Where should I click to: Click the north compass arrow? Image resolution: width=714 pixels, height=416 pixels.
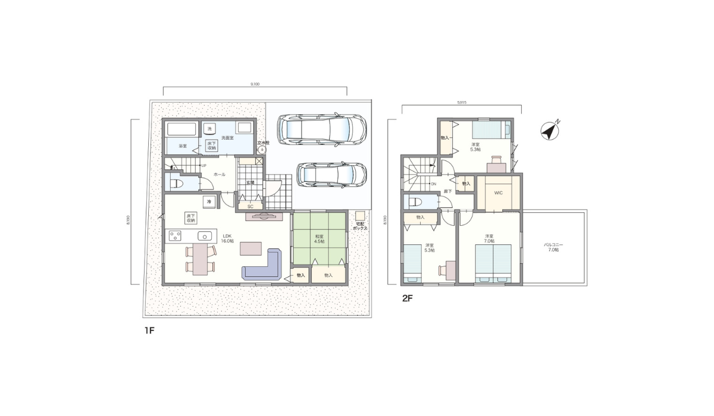[x=550, y=130]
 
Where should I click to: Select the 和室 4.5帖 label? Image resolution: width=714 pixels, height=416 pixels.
[x=319, y=239]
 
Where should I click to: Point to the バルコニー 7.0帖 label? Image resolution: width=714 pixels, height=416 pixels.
[x=553, y=247]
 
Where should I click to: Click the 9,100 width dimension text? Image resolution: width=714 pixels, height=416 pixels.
[x=255, y=84]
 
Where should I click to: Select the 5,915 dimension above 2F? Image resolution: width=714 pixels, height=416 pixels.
[x=461, y=102]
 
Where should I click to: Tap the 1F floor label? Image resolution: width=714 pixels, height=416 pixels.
[x=149, y=330]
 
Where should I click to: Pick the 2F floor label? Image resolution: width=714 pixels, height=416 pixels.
[x=408, y=299]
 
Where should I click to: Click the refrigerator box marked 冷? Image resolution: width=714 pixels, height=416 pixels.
[x=209, y=201]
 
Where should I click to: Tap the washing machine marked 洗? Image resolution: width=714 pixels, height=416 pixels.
[x=209, y=128]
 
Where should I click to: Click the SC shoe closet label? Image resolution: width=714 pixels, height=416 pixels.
[x=250, y=206]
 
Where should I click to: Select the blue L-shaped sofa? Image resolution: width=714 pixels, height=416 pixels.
[x=263, y=266]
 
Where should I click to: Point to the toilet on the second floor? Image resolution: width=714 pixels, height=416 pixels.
[x=414, y=202]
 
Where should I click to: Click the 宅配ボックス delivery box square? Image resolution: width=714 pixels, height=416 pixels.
[x=359, y=216]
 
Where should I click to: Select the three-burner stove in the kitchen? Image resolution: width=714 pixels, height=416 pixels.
[x=175, y=236]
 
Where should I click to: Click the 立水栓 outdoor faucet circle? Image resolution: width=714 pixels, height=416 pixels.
[x=262, y=150]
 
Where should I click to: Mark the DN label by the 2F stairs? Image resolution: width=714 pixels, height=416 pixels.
[x=434, y=184]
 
